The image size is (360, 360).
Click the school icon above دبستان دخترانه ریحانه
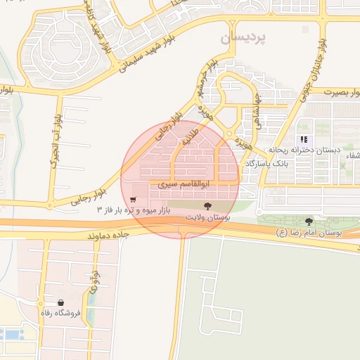pyautogui.click(x=304, y=139)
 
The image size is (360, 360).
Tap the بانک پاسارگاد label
pyautogui.click(x=267, y=163)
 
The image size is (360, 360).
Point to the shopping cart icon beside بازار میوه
pyautogui.click(x=133, y=199)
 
